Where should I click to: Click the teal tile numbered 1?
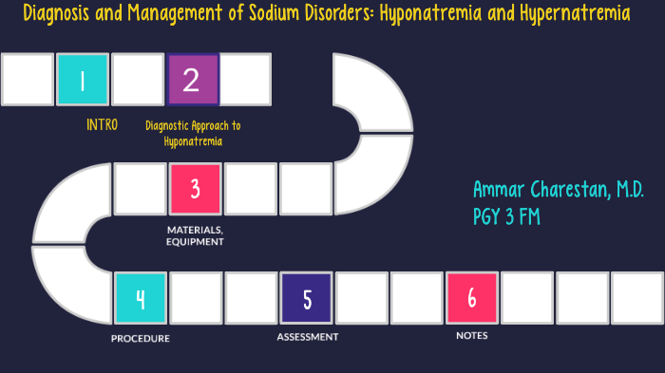(83, 80)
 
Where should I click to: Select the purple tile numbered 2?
(193, 80)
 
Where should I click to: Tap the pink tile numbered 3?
(195, 188)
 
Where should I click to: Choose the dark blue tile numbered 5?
(307, 297)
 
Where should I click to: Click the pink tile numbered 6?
(472, 297)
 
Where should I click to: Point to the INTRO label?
(102, 125)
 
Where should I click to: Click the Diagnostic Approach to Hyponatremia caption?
(193, 133)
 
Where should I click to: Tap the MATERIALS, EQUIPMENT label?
(195, 235)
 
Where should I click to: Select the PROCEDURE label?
(140, 338)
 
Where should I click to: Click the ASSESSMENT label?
(307, 337)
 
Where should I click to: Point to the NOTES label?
(472, 335)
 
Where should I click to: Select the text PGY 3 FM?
(507, 216)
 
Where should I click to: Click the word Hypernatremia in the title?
(578, 15)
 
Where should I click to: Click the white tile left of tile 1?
(28, 80)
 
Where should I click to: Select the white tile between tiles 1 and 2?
(138, 80)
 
